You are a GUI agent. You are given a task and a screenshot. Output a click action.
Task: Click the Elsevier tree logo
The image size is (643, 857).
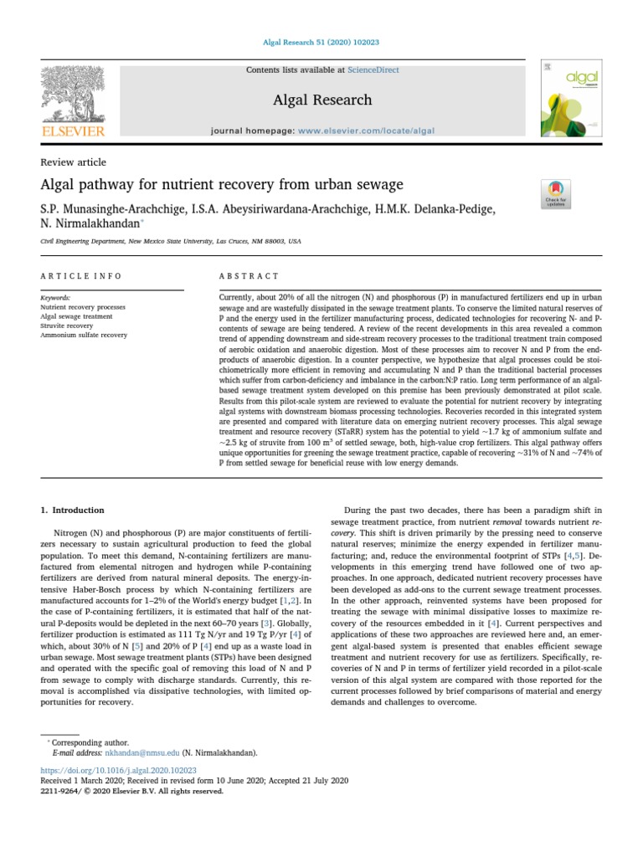[x=74, y=100]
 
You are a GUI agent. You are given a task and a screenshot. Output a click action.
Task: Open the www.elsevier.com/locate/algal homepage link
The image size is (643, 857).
[x=367, y=131]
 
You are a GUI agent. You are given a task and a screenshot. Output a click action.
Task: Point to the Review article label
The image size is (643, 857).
[x=74, y=162]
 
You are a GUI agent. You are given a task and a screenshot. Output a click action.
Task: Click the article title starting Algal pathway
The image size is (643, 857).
[x=222, y=184]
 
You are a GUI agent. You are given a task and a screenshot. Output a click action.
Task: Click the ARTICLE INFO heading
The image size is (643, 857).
[x=81, y=276]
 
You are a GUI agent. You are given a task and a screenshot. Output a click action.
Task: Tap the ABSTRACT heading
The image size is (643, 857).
[x=249, y=276]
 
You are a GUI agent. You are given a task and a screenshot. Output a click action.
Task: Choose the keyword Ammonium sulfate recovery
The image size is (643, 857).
[x=84, y=335]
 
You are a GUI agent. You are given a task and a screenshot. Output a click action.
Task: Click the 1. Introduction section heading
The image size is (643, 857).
[x=73, y=510]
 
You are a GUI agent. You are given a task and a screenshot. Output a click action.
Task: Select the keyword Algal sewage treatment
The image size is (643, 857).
[x=78, y=316]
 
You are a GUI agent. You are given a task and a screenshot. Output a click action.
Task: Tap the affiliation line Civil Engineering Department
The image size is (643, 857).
[x=171, y=242]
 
